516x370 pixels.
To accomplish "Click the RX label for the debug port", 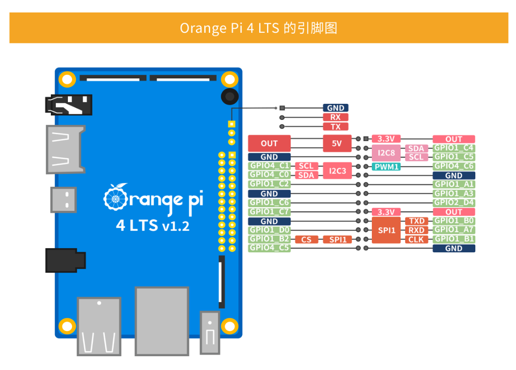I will coord(335,117).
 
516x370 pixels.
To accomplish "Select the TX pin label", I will coord(335,126).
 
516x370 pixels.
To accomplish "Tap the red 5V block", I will coord(337,143).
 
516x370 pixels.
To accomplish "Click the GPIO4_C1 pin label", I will coord(269,166).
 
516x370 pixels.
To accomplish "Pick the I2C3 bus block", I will coord(337,171).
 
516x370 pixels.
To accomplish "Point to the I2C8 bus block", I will coord(386,153).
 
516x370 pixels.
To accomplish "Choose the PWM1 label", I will coord(386,166).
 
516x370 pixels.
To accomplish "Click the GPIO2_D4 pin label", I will coord(454,203).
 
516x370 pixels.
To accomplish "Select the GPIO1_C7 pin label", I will coord(269,212).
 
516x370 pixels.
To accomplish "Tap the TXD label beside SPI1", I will coord(416,221).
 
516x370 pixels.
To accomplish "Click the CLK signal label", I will coord(416,239).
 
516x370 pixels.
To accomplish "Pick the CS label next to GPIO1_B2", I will coord(306,239).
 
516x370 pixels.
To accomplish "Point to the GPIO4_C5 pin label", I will coord(269,248).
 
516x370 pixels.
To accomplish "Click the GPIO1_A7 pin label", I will coord(454,230).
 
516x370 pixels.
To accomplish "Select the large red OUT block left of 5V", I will coord(269,143).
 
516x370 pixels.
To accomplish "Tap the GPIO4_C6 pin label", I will coord(454,166).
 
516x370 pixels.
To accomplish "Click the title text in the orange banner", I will coord(258,28).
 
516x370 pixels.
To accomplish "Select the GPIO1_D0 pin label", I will coord(269,230).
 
